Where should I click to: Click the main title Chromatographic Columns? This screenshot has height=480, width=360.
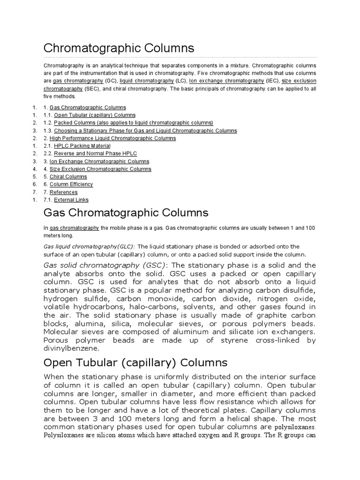click(119, 48)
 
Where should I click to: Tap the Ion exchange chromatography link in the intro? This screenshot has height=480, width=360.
click(226, 81)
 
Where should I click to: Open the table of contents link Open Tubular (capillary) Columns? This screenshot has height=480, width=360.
click(95, 115)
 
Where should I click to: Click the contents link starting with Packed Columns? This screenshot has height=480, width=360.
click(133, 123)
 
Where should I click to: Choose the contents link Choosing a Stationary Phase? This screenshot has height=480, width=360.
click(145, 131)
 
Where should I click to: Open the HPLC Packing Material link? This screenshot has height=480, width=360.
click(82, 146)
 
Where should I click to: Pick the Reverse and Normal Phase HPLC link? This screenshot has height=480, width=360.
click(95, 154)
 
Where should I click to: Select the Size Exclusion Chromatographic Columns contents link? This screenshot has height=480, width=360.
click(100, 169)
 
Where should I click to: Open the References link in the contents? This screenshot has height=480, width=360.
click(63, 192)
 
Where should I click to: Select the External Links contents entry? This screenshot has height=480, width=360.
click(71, 200)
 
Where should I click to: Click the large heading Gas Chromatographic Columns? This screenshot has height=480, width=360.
click(126, 213)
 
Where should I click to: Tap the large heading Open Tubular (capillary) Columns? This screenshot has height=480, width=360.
click(135, 363)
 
